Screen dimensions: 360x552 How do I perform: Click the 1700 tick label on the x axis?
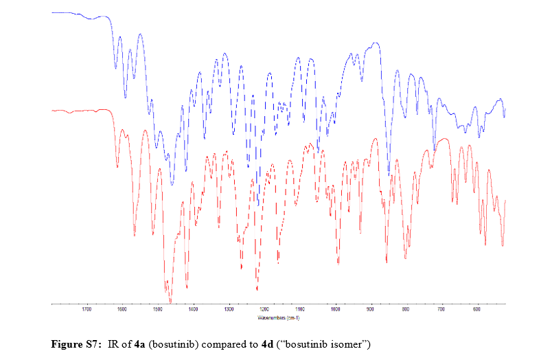click(x=87, y=310)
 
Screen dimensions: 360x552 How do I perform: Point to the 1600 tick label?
click(x=122, y=310)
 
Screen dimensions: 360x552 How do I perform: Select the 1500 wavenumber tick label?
click(x=157, y=310)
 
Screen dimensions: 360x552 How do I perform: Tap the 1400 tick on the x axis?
click(x=193, y=310)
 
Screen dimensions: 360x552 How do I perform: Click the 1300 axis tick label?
click(x=229, y=310)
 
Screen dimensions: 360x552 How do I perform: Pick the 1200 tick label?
click(x=264, y=310)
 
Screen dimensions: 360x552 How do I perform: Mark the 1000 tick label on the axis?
click(x=335, y=310)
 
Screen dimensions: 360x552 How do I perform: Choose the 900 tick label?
click(x=371, y=310)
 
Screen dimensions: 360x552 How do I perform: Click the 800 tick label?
click(x=406, y=310)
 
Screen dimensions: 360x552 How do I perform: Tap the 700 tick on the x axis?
click(x=441, y=310)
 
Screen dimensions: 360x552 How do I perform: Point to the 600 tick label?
click(x=476, y=310)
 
